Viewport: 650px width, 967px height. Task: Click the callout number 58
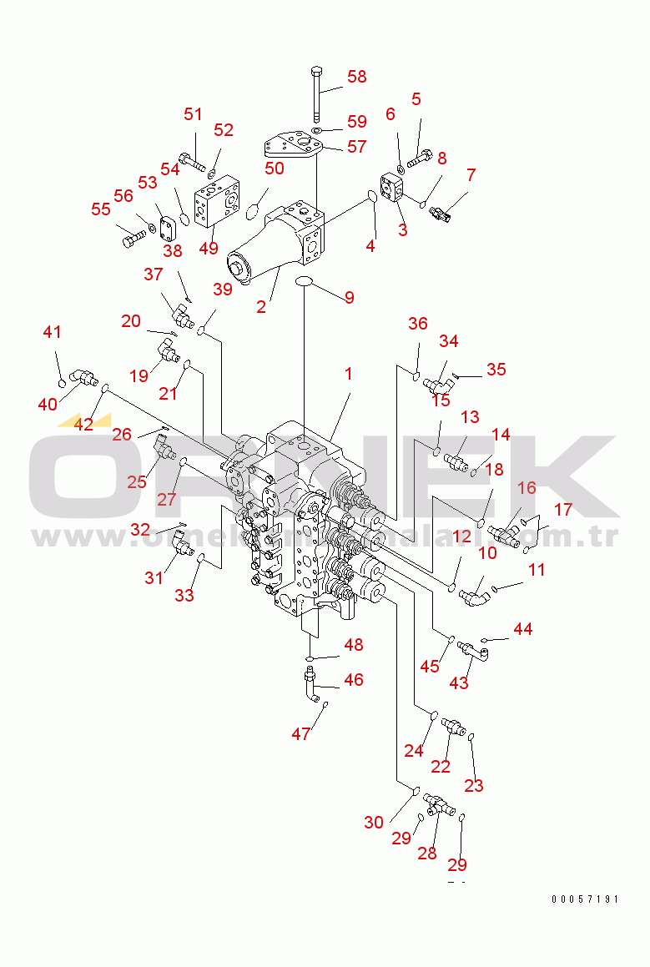pyautogui.click(x=356, y=77)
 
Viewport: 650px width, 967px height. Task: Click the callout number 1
pyautogui.click(x=348, y=375)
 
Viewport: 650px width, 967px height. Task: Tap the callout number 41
pyautogui.click(x=53, y=332)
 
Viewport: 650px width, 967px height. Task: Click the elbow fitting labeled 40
pyautogui.click(x=83, y=379)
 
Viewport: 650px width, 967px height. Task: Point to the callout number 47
pyautogui.click(x=300, y=734)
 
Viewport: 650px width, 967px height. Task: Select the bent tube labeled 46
pyautogui.click(x=312, y=686)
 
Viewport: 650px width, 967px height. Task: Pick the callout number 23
pyautogui.click(x=474, y=785)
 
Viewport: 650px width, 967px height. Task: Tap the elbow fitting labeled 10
pyautogui.click(x=476, y=594)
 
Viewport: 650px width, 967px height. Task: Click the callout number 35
pyautogui.click(x=496, y=369)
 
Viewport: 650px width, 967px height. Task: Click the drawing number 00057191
pyautogui.click(x=585, y=899)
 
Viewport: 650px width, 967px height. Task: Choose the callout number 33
pyautogui.click(x=184, y=595)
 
